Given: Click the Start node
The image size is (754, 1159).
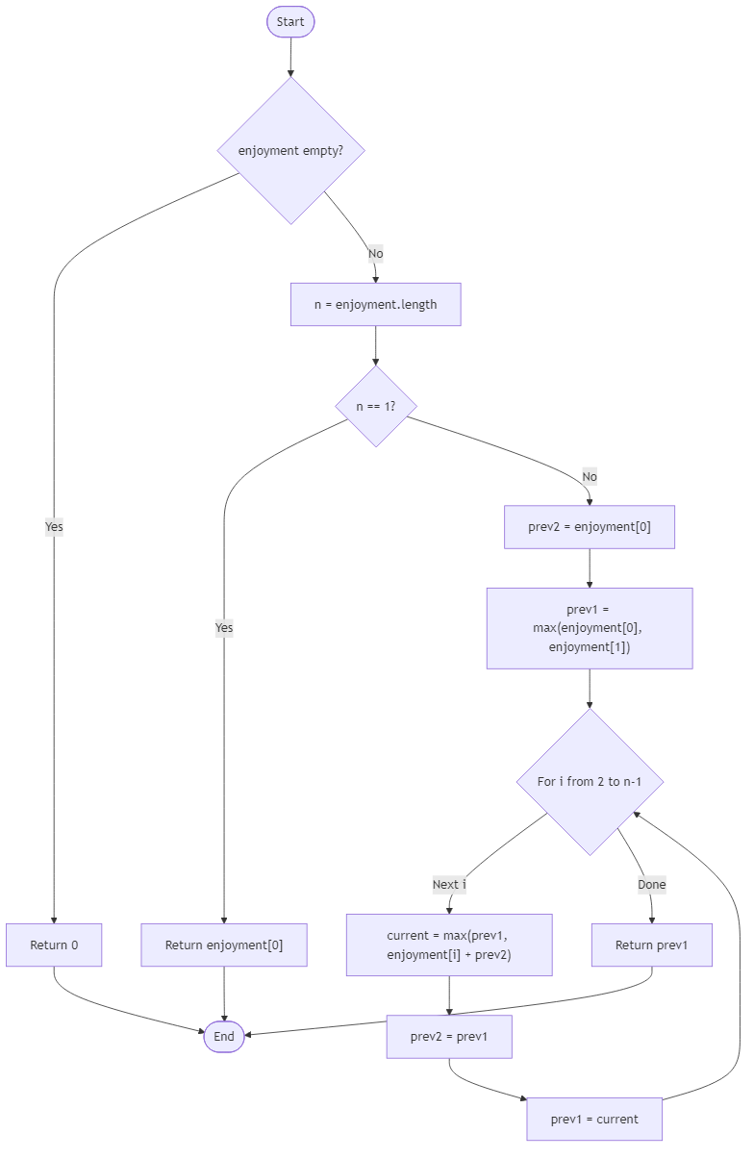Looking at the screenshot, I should (290, 22).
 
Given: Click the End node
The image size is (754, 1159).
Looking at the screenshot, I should (224, 1036).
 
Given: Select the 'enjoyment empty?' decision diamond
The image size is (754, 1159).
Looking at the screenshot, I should (290, 151).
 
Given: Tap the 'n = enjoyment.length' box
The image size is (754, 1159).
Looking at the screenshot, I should (375, 305).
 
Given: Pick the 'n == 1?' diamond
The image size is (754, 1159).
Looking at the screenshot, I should (375, 406).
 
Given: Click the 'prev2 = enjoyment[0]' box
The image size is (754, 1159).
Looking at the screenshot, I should (590, 527).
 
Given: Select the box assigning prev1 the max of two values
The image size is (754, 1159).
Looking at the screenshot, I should (590, 628).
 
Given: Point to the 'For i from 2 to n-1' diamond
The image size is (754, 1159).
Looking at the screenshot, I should (590, 781).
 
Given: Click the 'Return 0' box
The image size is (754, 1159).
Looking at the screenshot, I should (54, 945).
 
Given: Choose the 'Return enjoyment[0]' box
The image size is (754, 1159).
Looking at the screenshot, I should (224, 945).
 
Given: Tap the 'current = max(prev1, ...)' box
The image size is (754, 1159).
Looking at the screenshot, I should (449, 945).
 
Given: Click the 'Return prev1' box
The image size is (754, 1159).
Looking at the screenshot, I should (652, 945).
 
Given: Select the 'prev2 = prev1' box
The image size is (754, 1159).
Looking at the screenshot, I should (449, 1036).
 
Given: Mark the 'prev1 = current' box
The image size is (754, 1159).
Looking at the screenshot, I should (594, 1119).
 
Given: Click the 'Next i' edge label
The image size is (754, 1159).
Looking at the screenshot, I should (449, 884).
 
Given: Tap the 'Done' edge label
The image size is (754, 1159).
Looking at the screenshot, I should (651, 884).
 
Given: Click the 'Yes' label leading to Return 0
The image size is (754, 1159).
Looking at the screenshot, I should (54, 527).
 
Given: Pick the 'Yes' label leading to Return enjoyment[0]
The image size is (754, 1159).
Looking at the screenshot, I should (224, 628).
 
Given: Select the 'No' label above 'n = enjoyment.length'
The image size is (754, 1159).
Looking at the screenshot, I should (375, 254).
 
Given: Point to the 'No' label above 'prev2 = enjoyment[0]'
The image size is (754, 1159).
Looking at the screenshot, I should (590, 477).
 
